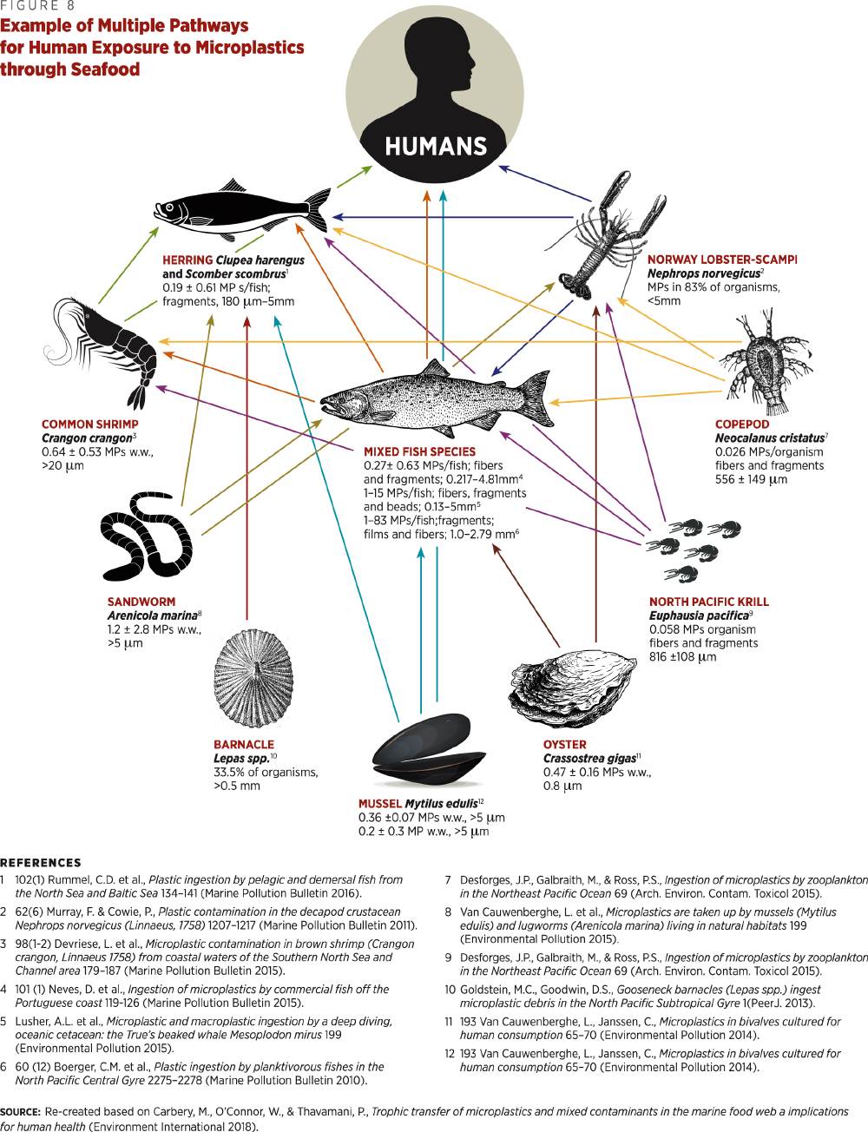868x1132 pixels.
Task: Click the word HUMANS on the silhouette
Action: coord(436,147)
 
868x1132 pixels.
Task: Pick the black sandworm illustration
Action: coord(147,536)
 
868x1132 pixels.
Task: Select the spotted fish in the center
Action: coord(437,398)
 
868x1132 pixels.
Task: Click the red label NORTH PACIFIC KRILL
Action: coord(708,602)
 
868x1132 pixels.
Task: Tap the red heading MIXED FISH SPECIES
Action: coord(420,451)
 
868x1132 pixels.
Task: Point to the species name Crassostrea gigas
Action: coord(589,759)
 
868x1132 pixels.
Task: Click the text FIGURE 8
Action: coord(37,6)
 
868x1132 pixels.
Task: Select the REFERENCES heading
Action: coord(41,863)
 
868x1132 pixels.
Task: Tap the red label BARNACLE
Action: coord(244,745)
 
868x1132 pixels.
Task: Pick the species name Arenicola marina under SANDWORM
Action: coord(153,615)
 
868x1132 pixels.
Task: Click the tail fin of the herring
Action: coord(318,209)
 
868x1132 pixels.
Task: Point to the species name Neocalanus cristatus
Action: coord(770,438)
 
